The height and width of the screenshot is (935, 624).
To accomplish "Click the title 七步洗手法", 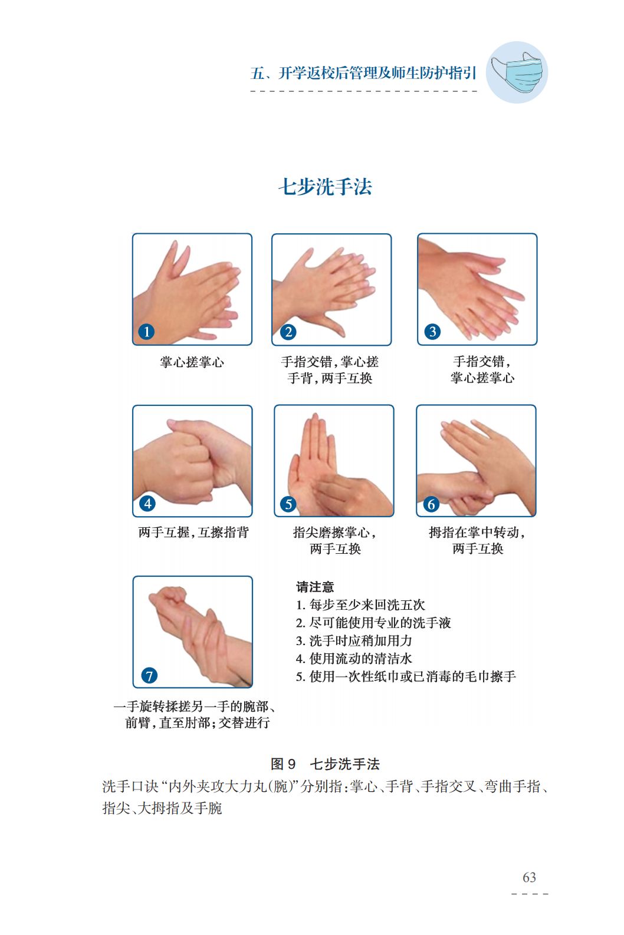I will [x=325, y=187].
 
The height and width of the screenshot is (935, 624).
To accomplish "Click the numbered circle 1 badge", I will [x=146, y=332].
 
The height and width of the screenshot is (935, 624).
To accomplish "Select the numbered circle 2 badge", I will [x=288, y=332].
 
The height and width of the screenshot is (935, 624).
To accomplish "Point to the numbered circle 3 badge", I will [x=432, y=332].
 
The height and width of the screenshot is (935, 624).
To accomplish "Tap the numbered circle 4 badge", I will [x=147, y=504].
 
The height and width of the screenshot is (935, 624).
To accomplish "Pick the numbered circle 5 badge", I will [x=288, y=504].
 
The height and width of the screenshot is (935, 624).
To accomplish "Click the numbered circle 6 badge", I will [x=431, y=504].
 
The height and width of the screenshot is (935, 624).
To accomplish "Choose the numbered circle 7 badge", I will [x=149, y=676].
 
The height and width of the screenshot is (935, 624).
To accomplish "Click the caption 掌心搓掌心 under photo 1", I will [x=192, y=362].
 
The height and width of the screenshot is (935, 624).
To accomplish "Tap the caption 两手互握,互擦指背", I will [x=193, y=533].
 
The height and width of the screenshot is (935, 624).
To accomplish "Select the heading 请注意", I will [x=315, y=587].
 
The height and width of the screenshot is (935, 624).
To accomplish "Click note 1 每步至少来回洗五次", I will [x=360, y=605].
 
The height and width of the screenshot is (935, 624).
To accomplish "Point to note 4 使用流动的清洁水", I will [x=354, y=659].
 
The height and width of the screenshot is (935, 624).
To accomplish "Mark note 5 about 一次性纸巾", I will [x=406, y=676].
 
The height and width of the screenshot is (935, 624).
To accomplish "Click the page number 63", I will [x=529, y=877].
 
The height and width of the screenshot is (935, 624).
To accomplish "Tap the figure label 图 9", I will [x=284, y=764].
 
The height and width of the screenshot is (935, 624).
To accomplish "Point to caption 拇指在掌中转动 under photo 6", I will [x=477, y=533].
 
